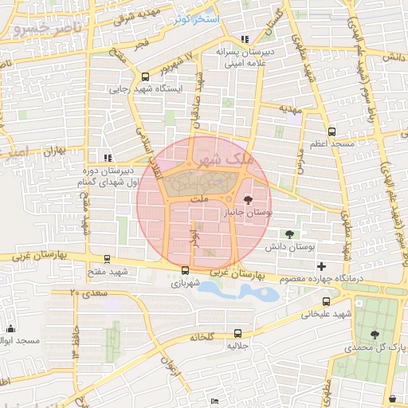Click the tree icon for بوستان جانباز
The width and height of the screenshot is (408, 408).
coord(249,202)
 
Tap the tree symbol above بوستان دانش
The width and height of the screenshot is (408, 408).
coord(288,234)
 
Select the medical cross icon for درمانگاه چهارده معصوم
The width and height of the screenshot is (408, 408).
coord(321,266)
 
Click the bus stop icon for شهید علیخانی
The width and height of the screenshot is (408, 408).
coord(327,301)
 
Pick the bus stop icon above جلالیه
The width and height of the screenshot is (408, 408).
coord(238,333)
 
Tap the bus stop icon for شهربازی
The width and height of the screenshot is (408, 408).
coord(185,270)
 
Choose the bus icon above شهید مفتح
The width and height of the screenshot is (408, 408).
coord(108,260)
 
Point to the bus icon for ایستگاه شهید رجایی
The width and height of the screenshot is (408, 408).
coord(145,77)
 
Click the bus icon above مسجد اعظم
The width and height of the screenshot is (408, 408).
coord(331,132)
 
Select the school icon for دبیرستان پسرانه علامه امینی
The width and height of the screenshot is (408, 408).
coord(245,39)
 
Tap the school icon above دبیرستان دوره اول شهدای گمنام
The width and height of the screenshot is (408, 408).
coord(107,158)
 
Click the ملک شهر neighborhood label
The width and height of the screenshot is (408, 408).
coord(226,159)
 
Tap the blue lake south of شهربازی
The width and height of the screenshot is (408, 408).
coord(239,292)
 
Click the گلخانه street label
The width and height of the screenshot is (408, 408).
coord(203,338)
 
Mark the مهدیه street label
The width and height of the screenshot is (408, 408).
coord(288,108)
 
